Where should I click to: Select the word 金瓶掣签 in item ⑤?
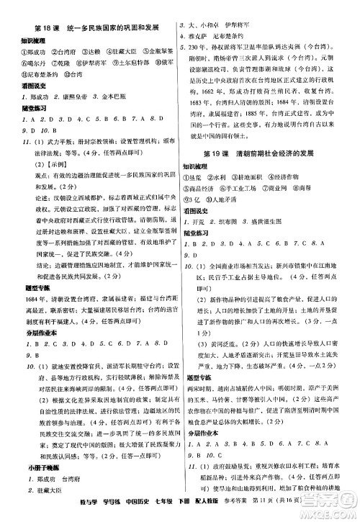pyautogui.click(x=156, y=53)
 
